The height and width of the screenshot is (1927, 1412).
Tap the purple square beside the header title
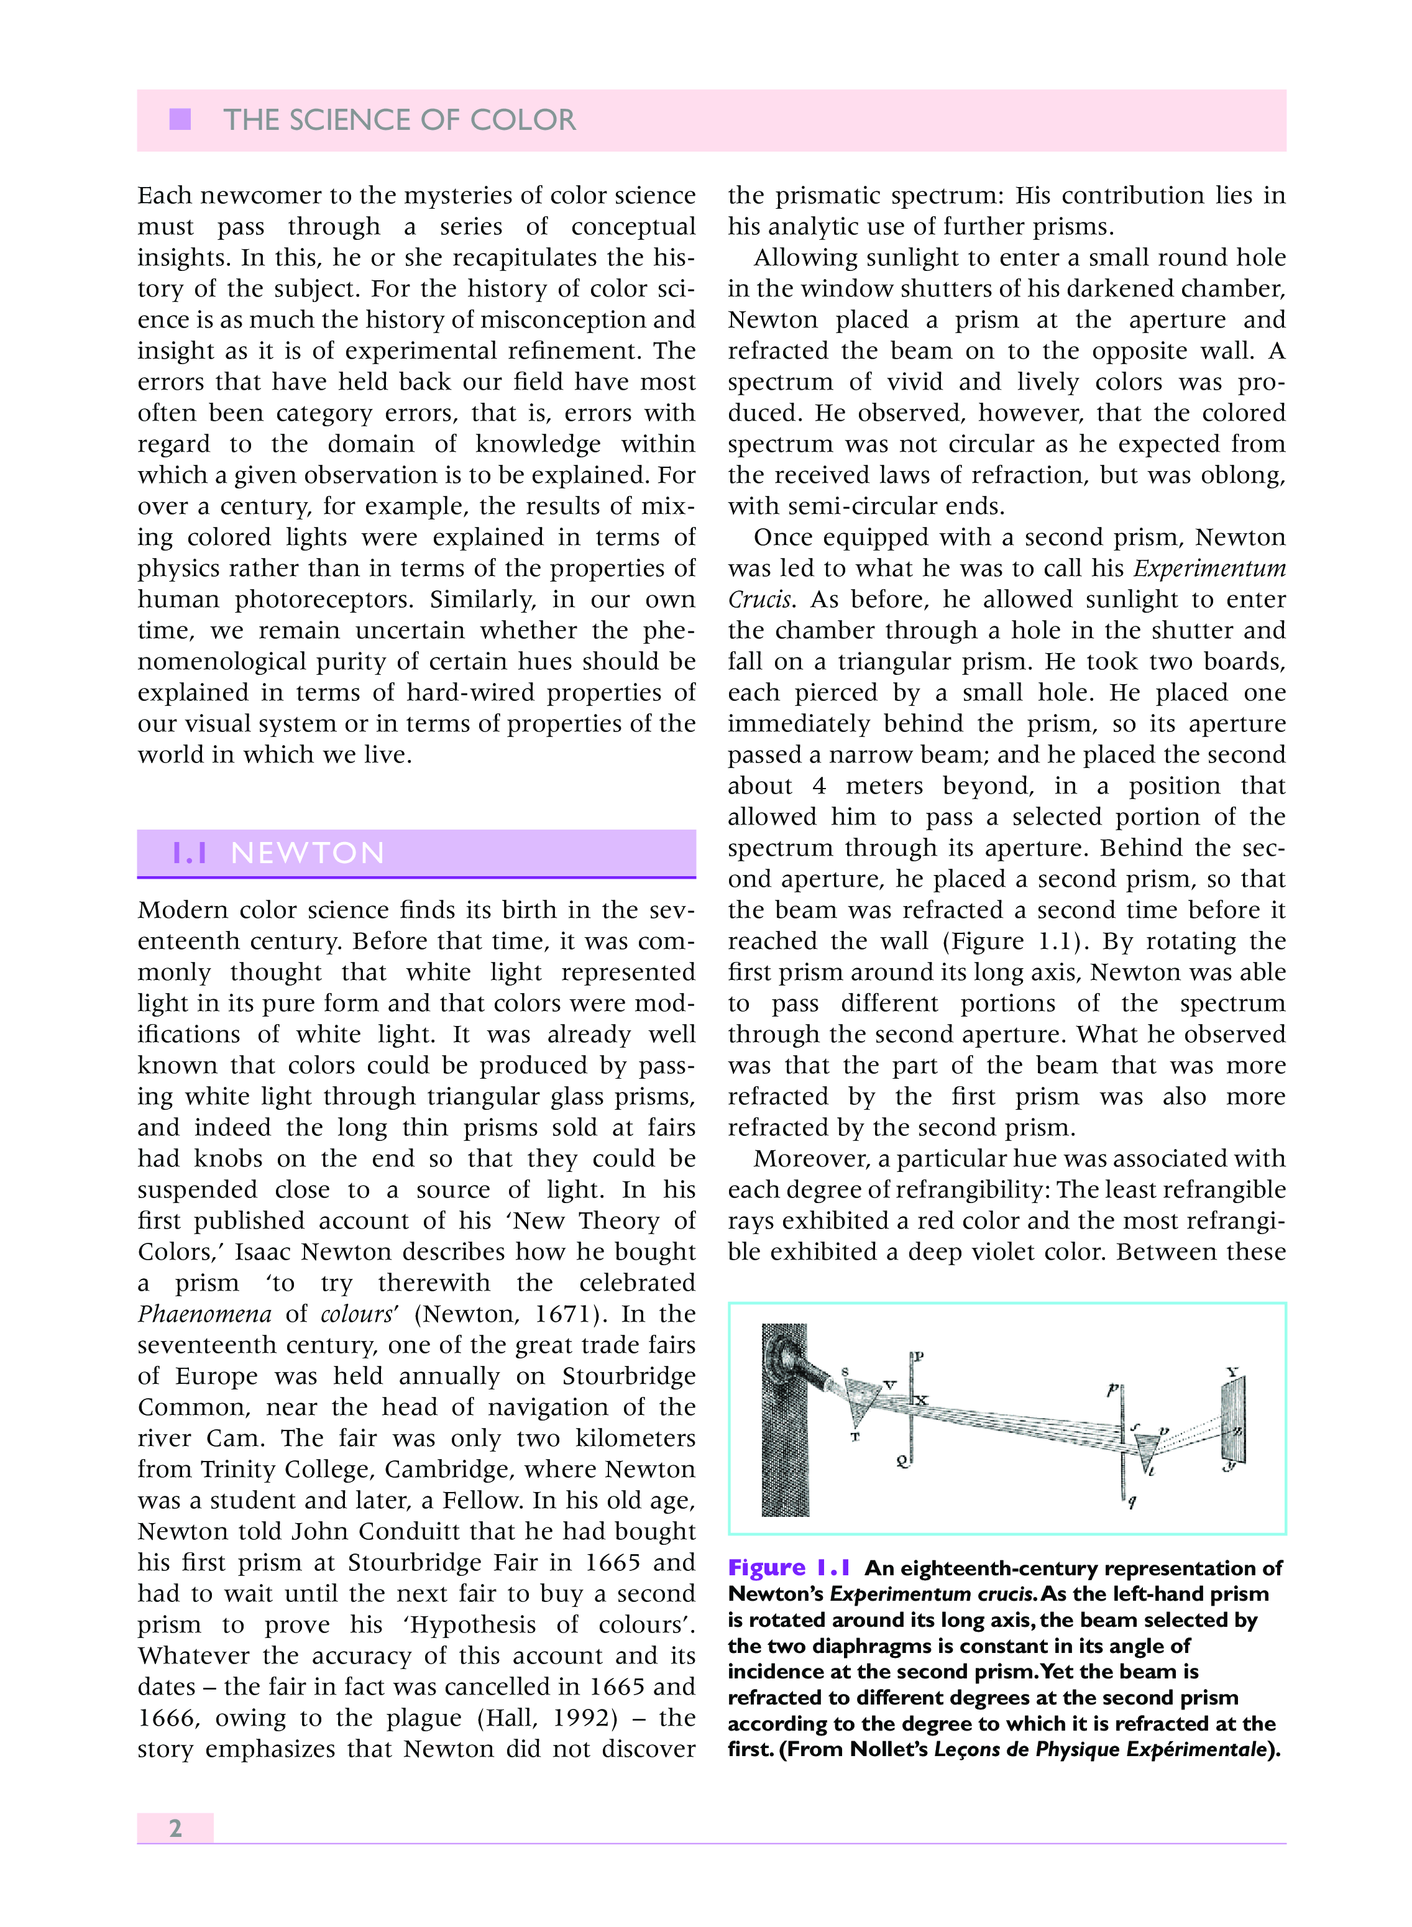tap(180, 120)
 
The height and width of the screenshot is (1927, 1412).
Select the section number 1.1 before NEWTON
tap(190, 853)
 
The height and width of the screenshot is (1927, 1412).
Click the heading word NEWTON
tap(308, 853)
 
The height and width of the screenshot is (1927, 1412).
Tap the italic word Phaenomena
tap(205, 1314)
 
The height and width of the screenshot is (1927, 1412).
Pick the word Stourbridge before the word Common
tap(629, 1376)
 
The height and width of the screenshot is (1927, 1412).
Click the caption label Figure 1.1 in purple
tap(789, 1568)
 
